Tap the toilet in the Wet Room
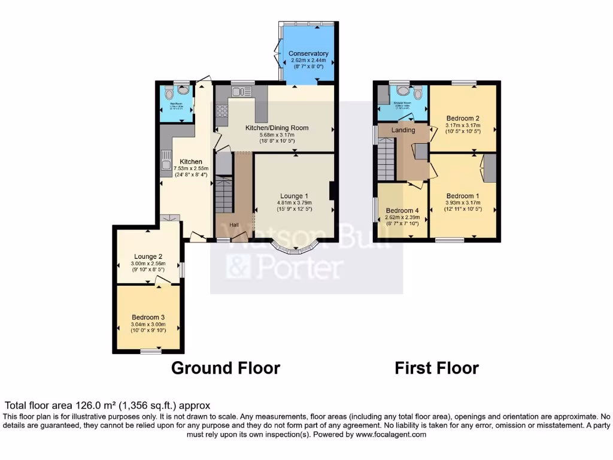tap(169, 93)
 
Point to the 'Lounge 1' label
tap(295, 196)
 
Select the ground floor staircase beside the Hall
tap(223, 193)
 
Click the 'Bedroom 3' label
tap(148, 317)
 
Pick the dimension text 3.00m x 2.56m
tap(148, 264)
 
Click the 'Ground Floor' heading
tap(226, 368)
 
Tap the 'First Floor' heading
tap(436, 368)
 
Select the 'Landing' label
tap(403, 130)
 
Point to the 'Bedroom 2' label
tap(463, 118)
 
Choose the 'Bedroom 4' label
tap(402, 211)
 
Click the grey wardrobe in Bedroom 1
tap(490, 167)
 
